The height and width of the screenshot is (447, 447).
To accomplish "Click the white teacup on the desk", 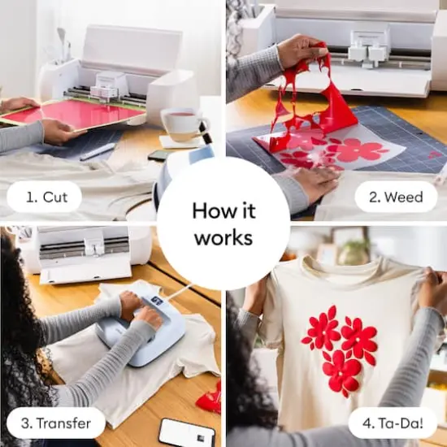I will tap(183, 124).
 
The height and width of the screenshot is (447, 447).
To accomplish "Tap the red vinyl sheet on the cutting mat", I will tap(73, 114).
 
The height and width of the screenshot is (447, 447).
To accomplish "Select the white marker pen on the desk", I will tap(98, 151).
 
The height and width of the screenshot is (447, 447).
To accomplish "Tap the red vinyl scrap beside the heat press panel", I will tap(210, 398).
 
